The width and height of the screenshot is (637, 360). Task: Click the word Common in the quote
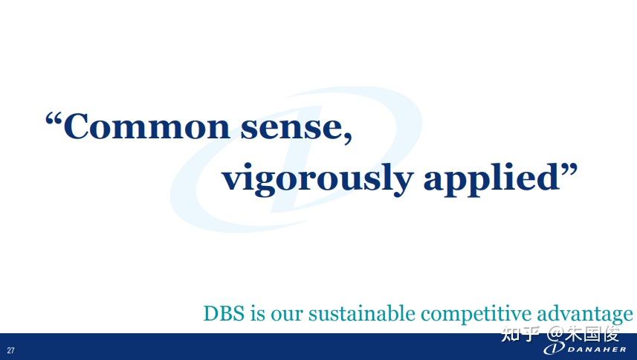tap(146, 126)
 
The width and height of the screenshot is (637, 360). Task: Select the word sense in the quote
tap(291, 129)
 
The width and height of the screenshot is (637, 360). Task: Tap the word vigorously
tap(317, 179)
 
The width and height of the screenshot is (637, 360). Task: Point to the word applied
tap(491, 179)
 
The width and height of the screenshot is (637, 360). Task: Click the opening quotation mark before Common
tap(54, 119)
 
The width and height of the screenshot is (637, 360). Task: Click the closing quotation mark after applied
tap(569, 170)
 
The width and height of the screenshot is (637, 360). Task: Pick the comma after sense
tap(347, 137)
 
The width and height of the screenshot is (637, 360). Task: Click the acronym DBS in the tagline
tap(224, 314)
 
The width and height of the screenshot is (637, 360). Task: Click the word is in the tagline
tap(258, 314)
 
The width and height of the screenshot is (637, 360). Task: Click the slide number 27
tap(10, 350)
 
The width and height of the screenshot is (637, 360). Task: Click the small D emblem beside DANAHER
tap(554, 348)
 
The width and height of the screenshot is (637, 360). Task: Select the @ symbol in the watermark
tap(555, 334)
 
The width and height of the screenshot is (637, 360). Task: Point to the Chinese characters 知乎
tap(520, 334)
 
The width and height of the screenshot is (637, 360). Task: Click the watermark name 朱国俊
tap(592, 334)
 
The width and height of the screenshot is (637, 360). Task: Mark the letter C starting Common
tap(77, 126)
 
